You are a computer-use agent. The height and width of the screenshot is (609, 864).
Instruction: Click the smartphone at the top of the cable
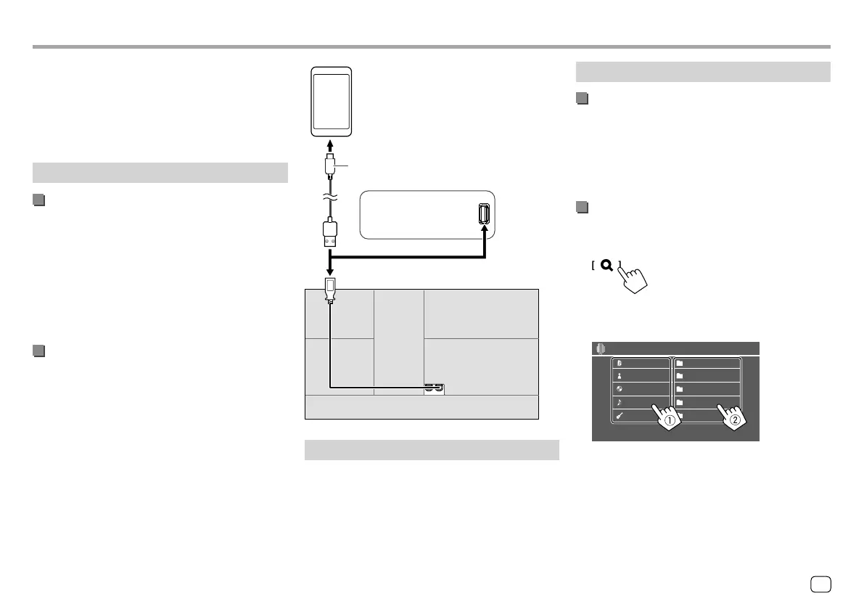[x=331, y=102]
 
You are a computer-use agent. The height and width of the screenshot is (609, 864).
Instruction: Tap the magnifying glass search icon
[x=606, y=266]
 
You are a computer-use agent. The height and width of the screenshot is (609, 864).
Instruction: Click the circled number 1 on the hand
[x=670, y=420]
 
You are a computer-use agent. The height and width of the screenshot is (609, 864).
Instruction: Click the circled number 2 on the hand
[x=735, y=420]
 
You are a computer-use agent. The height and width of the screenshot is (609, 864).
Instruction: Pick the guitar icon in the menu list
[x=620, y=416]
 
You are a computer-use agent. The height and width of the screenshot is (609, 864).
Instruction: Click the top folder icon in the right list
[x=680, y=362]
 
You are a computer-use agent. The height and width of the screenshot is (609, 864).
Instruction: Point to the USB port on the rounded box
[x=485, y=214]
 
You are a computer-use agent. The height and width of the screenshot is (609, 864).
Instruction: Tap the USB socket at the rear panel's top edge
[x=330, y=288]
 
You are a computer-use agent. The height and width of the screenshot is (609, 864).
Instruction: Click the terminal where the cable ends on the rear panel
[x=434, y=388]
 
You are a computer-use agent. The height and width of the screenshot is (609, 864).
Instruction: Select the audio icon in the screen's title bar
[x=600, y=348]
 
